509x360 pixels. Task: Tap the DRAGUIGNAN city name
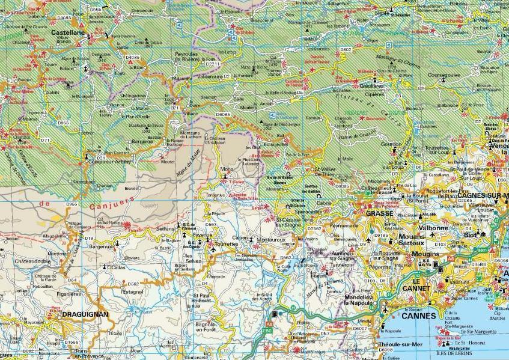pos(85,314)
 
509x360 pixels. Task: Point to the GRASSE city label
pos(379,213)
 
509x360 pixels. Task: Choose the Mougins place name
pos(425,254)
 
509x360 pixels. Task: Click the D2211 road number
pos(213,63)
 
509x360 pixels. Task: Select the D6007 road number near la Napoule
pos(359,328)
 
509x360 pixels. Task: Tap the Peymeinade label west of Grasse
pos(343,225)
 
